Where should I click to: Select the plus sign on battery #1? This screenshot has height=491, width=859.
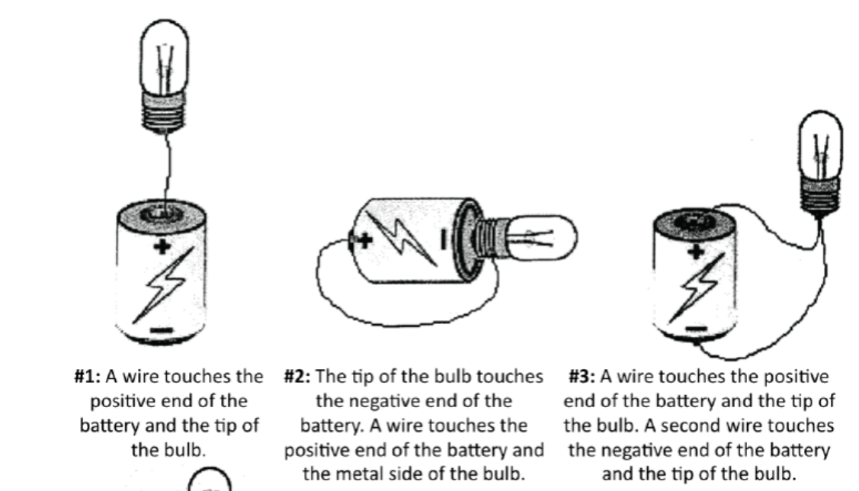pyautogui.click(x=160, y=246)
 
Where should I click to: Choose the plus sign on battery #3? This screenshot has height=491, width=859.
pyautogui.click(x=694, y=252)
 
